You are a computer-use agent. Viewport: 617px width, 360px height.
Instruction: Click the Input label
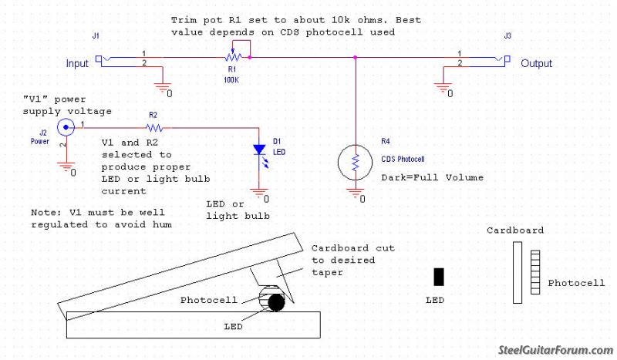point(77,63)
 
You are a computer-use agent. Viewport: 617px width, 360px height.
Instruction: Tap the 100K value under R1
point(230,79)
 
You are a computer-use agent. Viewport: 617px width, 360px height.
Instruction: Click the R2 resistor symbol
point(153,126)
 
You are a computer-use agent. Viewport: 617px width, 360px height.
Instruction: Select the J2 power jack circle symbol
point(66,127)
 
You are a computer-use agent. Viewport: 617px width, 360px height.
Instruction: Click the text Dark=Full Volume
point(433,177)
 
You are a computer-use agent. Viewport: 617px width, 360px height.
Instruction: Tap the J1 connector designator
point(95,35)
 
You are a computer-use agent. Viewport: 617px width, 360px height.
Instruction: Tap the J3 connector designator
point(507,35)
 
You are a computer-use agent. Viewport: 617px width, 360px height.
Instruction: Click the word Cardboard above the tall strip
point(515,230)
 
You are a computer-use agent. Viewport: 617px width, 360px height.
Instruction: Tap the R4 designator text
point(386,141)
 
